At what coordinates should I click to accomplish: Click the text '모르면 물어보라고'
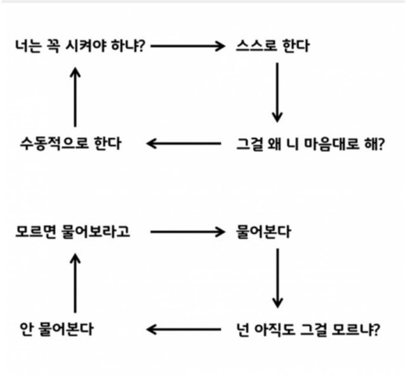[x=72, y=232]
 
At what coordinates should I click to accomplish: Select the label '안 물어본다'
[x=57, y=329]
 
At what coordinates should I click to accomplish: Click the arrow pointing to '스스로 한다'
[x=188, y=46]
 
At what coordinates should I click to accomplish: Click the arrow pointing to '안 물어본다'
[x=184, y=329]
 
